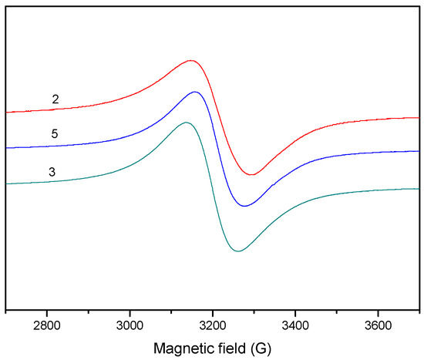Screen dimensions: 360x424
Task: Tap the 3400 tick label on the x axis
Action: tap(295, 325)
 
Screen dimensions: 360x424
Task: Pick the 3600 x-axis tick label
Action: tap(378, 325)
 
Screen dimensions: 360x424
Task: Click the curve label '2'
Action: tap(56, 99)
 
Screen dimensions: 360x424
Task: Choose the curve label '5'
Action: tap(56, 134)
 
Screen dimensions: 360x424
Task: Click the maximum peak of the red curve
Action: tap(191, 60)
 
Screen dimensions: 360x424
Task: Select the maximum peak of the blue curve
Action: tap(196, 92)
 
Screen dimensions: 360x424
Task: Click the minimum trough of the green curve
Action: tap(238, 251)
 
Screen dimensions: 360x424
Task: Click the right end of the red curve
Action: tap(418, 118)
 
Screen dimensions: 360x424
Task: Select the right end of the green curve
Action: tap(418, 189)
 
